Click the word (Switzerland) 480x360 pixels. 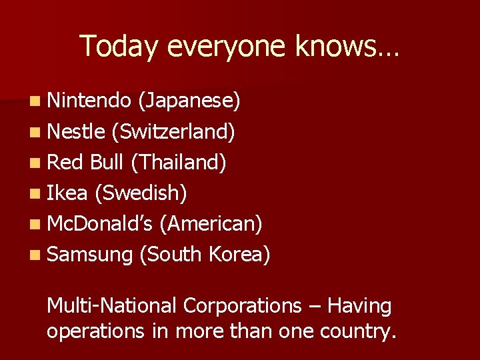(173, 132)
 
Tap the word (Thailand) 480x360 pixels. (181, 163)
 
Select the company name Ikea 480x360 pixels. (67, 193)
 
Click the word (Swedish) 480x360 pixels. (141, 193)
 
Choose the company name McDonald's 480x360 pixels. (100, 224)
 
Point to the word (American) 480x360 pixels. (211, 224)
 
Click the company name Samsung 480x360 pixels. (90, 255)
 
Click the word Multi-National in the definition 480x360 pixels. (111, 306)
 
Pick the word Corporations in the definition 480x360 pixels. (243, 306)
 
